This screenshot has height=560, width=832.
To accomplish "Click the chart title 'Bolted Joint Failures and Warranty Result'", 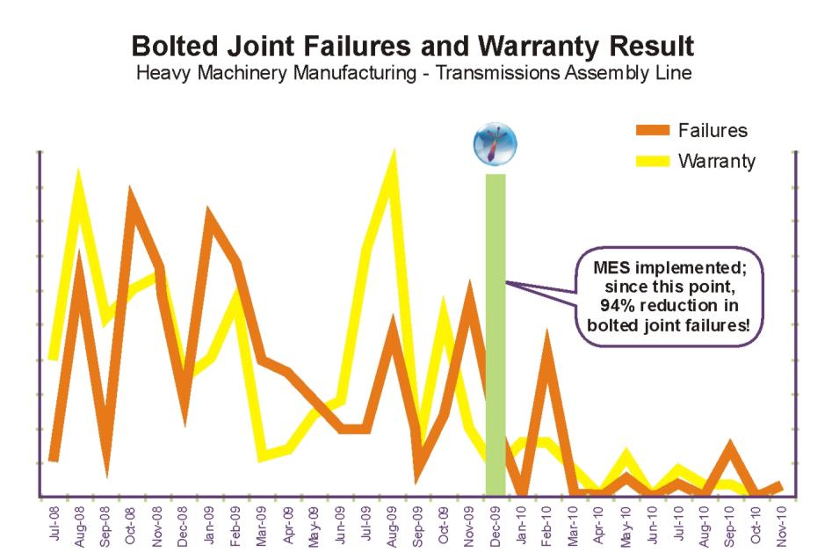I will pos(413,46).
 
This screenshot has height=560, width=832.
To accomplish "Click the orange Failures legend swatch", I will pos(652,131).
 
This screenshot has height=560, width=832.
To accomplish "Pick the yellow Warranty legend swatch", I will pos(652,161).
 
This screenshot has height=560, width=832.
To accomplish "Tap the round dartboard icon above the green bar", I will pos(496,143).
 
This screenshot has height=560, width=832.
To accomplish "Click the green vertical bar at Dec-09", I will pos(496,334).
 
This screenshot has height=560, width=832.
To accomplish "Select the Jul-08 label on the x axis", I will pos(53,526).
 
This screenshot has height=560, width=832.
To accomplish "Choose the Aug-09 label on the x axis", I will pos(392,526).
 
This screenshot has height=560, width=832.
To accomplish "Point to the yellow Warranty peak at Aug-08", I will pos(78,178).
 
